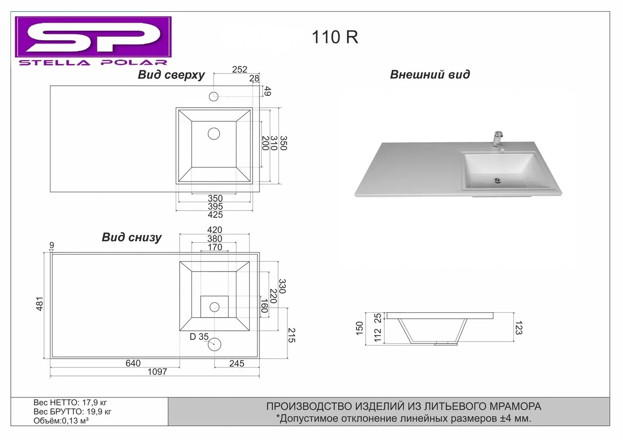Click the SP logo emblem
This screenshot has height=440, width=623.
93,37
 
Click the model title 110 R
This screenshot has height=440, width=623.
335,37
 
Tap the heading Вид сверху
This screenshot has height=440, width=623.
171,75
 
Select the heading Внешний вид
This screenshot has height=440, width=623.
430,74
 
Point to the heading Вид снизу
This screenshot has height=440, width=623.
132,237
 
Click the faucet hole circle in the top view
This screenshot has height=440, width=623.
213,96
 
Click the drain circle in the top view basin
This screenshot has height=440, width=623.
214,134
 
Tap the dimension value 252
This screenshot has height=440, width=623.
239,69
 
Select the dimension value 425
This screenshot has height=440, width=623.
215,215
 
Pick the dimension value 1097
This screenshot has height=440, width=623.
158,372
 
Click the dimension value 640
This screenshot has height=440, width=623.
133,363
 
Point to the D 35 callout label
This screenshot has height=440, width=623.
199,337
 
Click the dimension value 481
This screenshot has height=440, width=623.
40,304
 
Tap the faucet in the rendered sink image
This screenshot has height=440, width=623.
499,141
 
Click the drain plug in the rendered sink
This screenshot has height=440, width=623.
497,181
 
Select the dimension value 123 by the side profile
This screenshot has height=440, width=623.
519,327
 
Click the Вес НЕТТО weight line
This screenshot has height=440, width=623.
70,403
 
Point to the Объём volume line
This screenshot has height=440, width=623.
61,421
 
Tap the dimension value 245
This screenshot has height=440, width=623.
237,364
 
